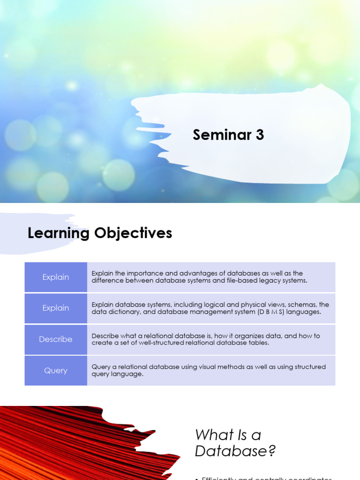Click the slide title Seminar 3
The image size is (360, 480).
pyautogui.click(x=228, y=135)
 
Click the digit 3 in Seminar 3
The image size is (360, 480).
pyautogui.click(x=260, y=135)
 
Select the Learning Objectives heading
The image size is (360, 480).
pyautogui.click(x=100, y=233)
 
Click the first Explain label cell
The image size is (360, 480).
pyautogui.click(x=56, y=277)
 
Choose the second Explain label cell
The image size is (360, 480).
pyautogui.click(x=56, y=308)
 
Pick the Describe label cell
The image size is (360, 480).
pyautogui.click(x=56, y=339)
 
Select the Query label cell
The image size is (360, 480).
pyautogui.click(x=56, y=370)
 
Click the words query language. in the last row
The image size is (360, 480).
pyautogui.click(x=117, y=374)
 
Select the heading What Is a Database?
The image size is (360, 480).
pyautogui.click(x=235, y=443)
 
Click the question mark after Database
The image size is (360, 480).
pyautogui.click(x=271, y=451)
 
